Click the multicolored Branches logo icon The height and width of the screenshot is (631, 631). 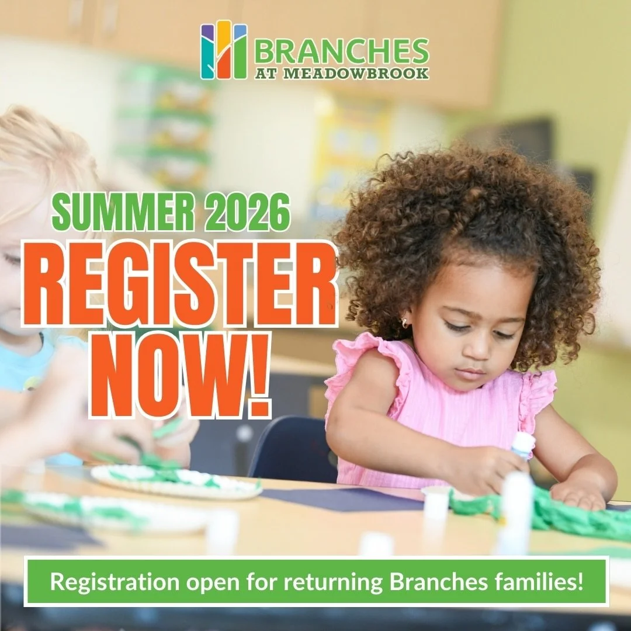click(224, 50)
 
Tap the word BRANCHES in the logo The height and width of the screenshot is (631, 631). click(341, 53)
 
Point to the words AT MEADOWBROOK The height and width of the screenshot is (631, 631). click(341, 74)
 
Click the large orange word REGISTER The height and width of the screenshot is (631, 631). click(180, 282)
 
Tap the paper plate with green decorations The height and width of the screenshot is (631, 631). click(175, 480)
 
